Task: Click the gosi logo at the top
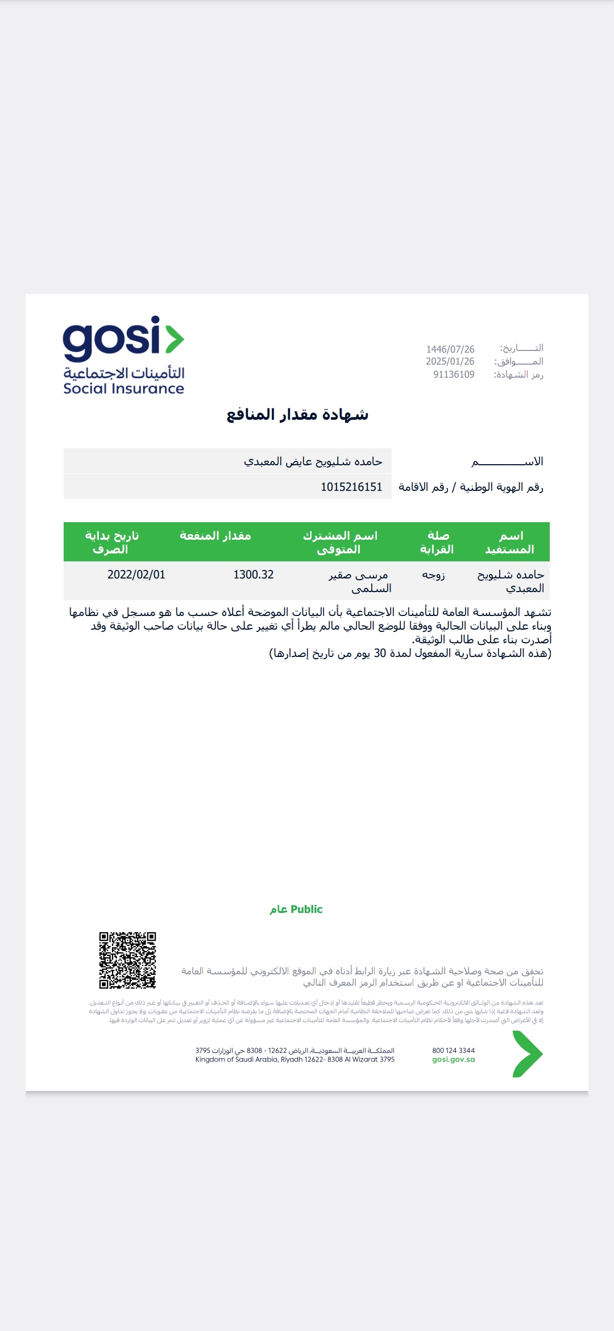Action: [123, 340]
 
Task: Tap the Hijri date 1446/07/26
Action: [450, 349]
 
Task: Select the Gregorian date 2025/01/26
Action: [450, 362]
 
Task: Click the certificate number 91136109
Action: [454, 375]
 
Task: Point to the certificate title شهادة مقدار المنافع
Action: [297, 415]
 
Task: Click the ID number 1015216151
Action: [351, 487]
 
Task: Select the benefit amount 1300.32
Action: [254, 575]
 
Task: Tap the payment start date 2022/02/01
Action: [136, 575]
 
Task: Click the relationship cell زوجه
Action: [433, 575]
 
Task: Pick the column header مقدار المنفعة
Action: [215, 536]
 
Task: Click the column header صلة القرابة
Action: [437, 542]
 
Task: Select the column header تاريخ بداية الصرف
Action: [111, 542]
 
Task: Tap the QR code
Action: [127, 960]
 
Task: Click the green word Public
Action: [306, 910]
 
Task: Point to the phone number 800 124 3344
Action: [453, 1051]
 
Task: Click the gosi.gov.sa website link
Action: [453, 1060]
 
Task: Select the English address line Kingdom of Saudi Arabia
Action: [294, 1060]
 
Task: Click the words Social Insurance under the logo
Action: [123, 389]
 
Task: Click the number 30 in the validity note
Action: [380, 653]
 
